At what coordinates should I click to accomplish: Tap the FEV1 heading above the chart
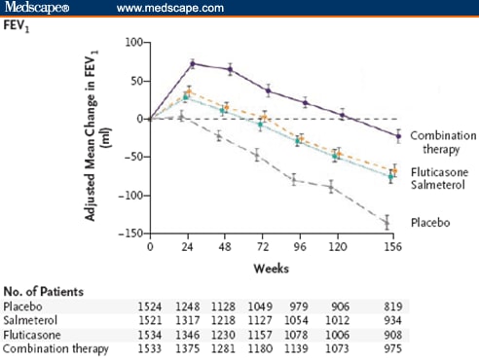[19, 28]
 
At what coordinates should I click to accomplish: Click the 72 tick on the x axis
[260, 248]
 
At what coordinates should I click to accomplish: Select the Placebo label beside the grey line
[429, 222]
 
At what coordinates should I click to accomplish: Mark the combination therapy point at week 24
[192, 63]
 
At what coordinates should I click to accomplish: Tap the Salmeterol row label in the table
[31, 321]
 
